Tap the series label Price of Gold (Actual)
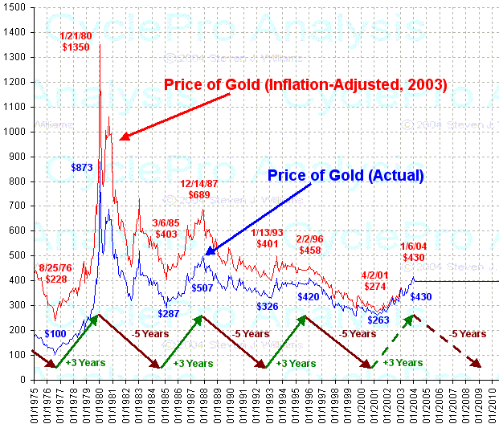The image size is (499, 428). (x=345, y=175)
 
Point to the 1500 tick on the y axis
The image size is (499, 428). (x=15, y=7)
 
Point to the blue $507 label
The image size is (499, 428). (x=202, y=287)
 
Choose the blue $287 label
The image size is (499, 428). (x=169, y=313)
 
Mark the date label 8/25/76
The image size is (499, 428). (x=55, y=267)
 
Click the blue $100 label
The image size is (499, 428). (x=55, y=333)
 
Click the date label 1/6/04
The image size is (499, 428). (x=413, y=246)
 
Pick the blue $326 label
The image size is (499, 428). (x=268, y=306)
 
